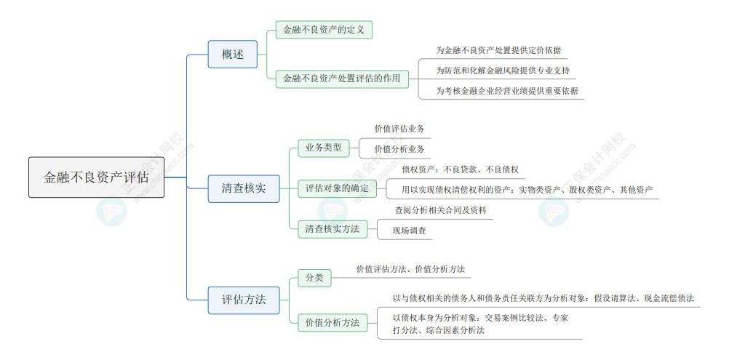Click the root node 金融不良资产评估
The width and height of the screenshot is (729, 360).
96,177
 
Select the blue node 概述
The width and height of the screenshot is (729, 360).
233,55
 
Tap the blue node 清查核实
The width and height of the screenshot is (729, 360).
244,188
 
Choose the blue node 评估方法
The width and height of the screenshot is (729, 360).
244,300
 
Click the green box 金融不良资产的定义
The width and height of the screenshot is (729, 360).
324,30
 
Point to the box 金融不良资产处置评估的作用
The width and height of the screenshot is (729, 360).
342,79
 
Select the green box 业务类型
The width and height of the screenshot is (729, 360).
323,148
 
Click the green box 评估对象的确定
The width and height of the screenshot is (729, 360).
337,188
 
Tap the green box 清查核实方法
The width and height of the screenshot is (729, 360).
332,229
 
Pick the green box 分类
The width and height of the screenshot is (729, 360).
314,279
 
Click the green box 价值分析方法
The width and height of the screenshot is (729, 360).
332,323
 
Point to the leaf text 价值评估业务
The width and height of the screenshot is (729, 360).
399,129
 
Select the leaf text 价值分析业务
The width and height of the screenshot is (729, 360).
399,149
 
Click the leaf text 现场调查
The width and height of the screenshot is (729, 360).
409,231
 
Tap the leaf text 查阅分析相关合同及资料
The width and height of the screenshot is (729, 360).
441,210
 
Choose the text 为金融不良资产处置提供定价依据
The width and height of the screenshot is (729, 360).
498,50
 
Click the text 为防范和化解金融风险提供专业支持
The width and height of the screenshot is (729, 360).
503,71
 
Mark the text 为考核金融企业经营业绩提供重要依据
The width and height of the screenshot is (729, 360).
507,91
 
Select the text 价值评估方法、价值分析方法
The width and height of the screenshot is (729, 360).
410,269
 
